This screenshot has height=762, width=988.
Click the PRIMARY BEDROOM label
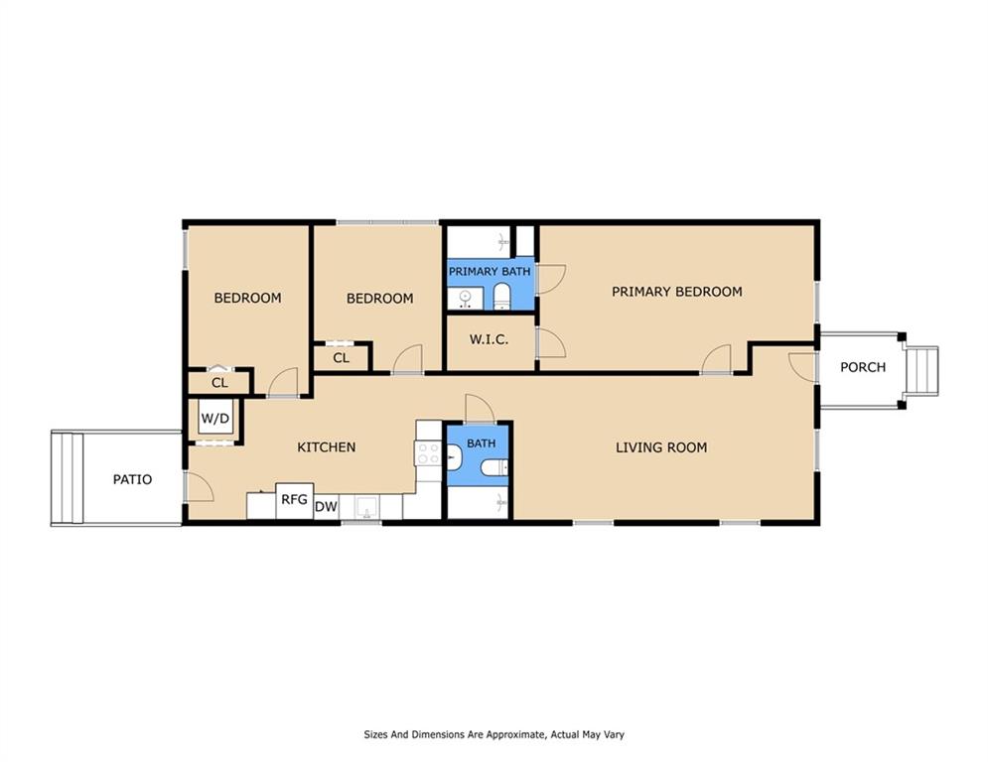point(676,292)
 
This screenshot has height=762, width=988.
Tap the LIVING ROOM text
point(661,447)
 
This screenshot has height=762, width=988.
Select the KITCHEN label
point(326,447)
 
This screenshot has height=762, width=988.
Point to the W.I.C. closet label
point(489,339)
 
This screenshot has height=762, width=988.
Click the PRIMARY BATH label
point(490,271)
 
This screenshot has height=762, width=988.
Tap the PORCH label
point(862,367)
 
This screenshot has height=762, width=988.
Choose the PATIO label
point(132,479)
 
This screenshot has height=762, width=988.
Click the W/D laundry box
point(215,418)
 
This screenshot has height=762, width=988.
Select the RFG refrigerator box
point(294,499)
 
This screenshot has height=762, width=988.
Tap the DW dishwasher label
point(325,507)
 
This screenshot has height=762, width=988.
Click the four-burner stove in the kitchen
point(428,453)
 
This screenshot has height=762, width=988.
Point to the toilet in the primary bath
point(501,295)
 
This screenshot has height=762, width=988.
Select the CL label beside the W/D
point(219,382)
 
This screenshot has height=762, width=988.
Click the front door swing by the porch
point(800,365)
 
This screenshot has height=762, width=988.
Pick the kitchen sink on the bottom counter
point(366,509)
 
